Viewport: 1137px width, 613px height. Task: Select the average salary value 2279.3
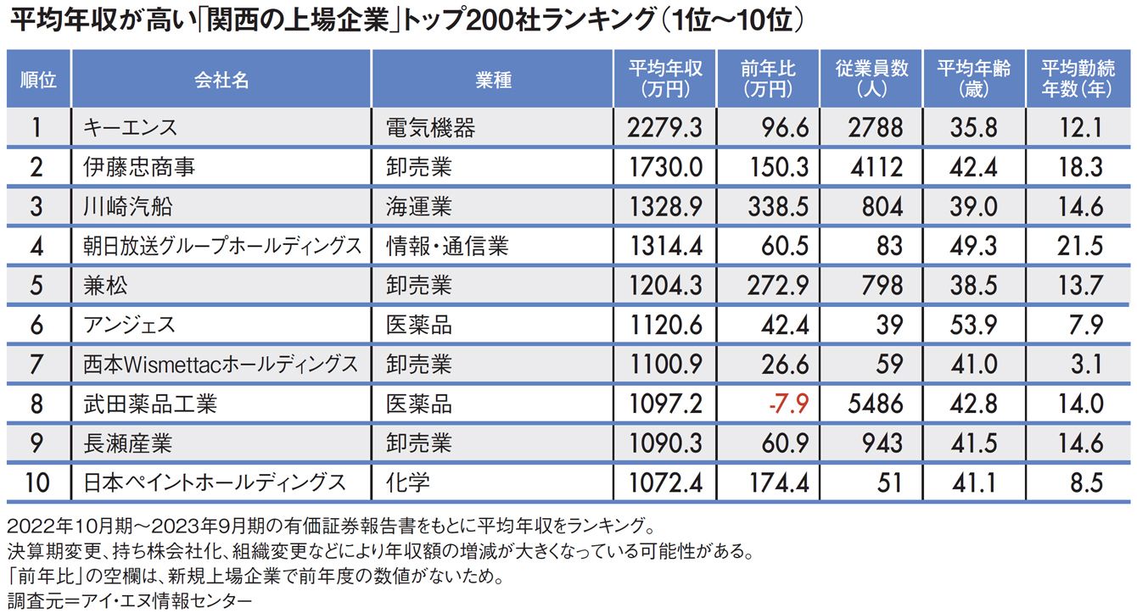[665, 128]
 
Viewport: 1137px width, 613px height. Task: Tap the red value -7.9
[788, 404]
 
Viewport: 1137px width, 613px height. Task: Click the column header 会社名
[221, 80]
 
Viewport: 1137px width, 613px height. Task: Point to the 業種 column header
[492, 80]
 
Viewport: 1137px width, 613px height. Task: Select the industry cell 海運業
[418, 207]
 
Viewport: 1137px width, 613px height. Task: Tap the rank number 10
[37, 482]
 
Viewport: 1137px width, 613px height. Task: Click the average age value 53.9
[973, 325]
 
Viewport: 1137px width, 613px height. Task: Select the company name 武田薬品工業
[150, 404]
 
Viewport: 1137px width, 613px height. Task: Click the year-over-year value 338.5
[779, 207]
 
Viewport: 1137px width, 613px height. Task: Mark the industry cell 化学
[407, 482]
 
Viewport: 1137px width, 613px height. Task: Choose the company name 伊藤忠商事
[139, 167]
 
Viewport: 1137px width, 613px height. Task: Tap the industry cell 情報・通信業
[446, 246]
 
